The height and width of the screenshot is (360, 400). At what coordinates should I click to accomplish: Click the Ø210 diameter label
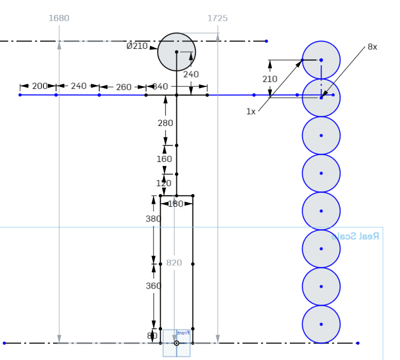coord(137,46)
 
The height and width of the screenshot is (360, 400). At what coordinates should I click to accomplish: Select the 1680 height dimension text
coord(59,19)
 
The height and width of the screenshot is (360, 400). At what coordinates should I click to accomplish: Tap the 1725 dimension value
coord(217,19)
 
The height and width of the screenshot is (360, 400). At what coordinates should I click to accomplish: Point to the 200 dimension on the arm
coord(40,86)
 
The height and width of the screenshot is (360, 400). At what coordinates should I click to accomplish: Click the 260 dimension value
coord(124,87)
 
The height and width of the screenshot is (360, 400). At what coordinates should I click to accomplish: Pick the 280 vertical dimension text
coord(165,123)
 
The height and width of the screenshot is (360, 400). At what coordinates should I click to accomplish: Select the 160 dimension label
coord(164,159)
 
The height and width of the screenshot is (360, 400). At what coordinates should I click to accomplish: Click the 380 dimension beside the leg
coord(153,219)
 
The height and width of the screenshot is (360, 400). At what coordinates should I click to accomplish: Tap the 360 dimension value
coord(153,286)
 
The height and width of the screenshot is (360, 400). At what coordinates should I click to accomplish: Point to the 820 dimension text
coord(174,263)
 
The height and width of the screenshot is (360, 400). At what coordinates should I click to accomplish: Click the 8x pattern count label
coord(372,47)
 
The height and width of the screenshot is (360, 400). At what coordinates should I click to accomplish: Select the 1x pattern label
coord(251,112)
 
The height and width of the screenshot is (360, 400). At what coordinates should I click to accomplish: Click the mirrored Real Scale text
coord(355,236)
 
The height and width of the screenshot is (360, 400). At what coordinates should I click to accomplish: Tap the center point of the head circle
coord(177,52)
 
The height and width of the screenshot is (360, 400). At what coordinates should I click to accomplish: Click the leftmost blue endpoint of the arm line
coord(20,95)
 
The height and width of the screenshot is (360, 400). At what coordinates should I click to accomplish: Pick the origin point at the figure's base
coord(177,343)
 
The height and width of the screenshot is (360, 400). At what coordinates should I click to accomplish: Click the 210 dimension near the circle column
coord(270,79)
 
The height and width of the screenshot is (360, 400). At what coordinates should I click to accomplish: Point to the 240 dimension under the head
coord(191,74)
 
